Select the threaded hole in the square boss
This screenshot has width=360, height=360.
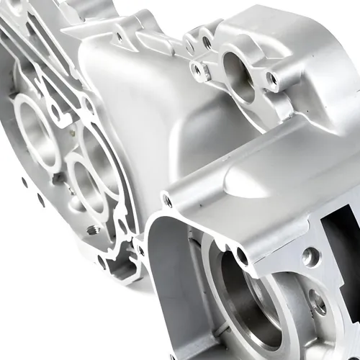(x=199, y=69)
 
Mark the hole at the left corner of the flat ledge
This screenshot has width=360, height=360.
(x=168, y=199)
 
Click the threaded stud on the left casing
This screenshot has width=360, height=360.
(x=92, y=230)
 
